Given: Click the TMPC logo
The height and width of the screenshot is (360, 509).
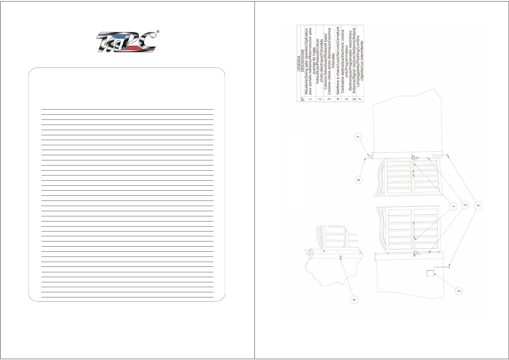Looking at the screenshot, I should (x=126, y=43).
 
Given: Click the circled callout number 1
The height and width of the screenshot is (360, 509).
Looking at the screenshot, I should (x=453, y=207).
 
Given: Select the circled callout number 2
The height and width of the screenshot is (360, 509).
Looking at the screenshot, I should (x=465, y=205).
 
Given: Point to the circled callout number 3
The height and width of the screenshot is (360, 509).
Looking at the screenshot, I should (x=478, y=206).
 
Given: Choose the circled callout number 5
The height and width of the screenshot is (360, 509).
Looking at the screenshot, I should (x=459, y=291).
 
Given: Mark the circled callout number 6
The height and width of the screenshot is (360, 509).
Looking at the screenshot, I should (x=358, y=180).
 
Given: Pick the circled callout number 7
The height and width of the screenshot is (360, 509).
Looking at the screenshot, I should (x=358, y=137).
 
